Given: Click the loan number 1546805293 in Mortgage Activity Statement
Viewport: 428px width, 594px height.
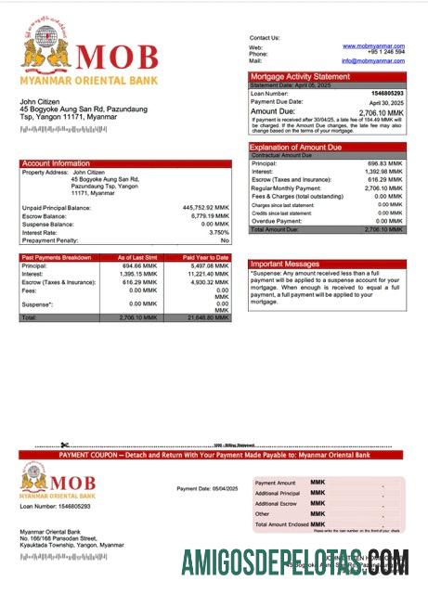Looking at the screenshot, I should [387, 94].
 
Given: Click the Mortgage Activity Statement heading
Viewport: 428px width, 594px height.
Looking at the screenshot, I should [300, 76].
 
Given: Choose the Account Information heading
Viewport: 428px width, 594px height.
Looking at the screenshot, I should [56, 163].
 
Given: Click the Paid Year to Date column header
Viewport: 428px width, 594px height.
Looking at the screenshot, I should [205, 256].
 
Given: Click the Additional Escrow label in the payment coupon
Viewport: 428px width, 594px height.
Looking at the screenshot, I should [277, 503].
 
